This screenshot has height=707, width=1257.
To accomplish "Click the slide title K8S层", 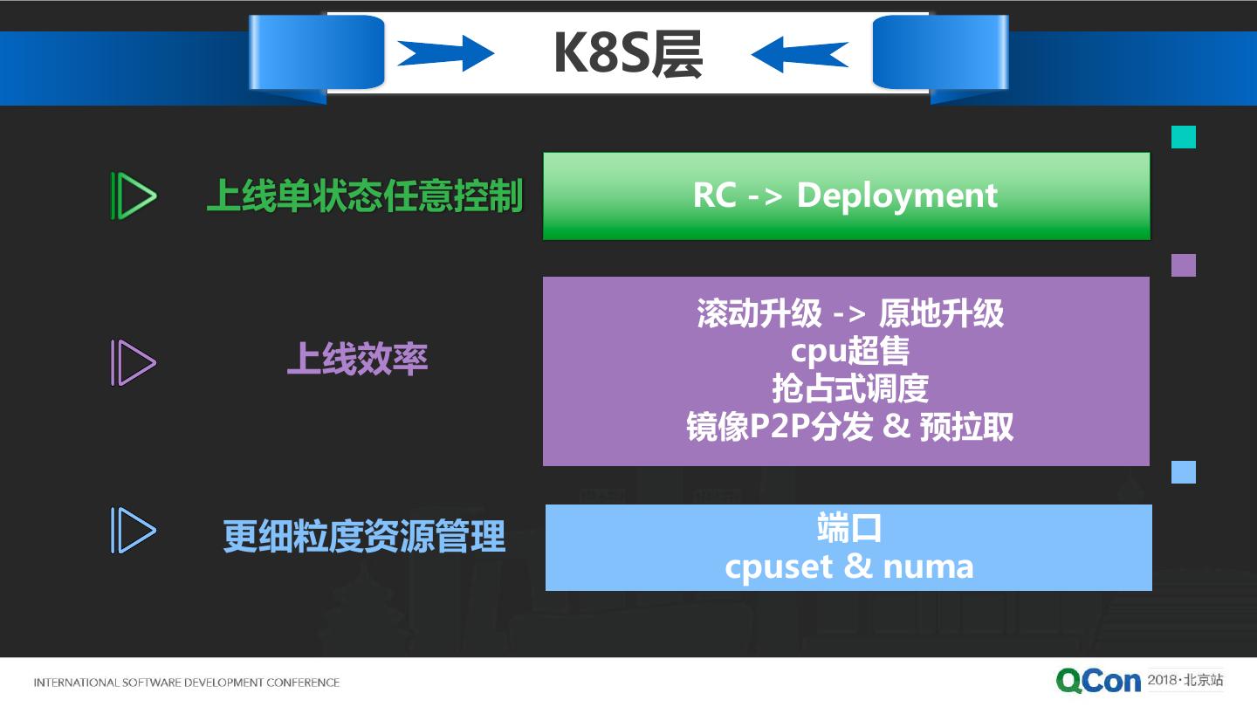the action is pyautogui.click(x=628, y=53).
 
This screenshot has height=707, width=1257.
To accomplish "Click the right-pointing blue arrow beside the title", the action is pyautogui.click(x=446, y=53).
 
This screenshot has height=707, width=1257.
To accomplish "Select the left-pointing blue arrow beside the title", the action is pyautogui.click(x=799, y=54).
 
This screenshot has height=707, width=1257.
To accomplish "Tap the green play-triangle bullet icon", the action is pyautogui.click(x=134, y=196).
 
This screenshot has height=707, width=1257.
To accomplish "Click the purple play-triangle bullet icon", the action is pyautogui.click(x=134, y=362).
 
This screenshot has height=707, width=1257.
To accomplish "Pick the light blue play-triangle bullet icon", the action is pyautogui.click(x=134, y=531).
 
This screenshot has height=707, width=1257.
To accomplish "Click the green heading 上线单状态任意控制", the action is pyautogui.click(x=365, y=196).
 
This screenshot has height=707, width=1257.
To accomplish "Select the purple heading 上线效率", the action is pyautogui.click(x=358, y=359).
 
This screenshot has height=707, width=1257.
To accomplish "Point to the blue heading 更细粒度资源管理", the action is pyautogui.click(x=364, y=537).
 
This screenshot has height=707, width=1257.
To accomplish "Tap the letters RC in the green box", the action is pyautogui.click(x=714, y=195).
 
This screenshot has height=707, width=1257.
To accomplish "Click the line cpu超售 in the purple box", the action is pyautogui.click(x=849, y=351).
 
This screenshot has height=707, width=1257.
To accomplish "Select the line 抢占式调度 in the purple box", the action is pyautogui.click(x=850, y=388).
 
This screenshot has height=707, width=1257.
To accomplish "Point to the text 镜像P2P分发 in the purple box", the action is pyautogui.click(x=780, y=427).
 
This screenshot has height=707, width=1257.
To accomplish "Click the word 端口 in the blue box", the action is pyautogui.click(x=849, y=527).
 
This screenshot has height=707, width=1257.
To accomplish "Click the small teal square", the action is pyautogui.click(x=1184, y=137).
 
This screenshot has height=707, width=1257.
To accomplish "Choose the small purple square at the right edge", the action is pyautogui.click(x=1184, y=264).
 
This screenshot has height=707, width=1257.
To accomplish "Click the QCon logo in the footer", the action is pyautogui.click(x=1098, y=681).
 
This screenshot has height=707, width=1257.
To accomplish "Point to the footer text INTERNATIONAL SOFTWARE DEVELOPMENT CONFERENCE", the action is pyautogui.click(x=186, y=683).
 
